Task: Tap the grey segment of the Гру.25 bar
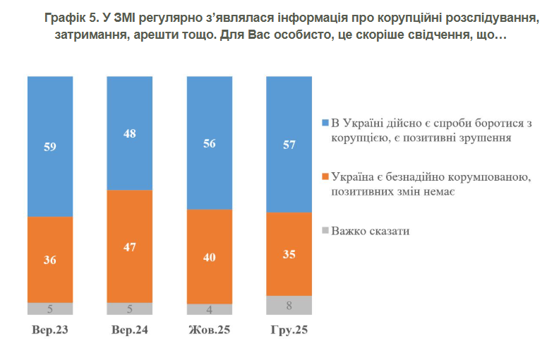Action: pyautogui.click(x=289, y=306)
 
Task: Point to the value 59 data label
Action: pyautogui.click(x=50, y=148)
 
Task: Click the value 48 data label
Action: pyautogui.click(x=129, y=133)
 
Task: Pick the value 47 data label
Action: pyautogui.click(x=129, y=246)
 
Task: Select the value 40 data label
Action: pyautogui.click(x=209, y=257)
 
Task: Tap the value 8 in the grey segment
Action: pyautogui.click(x=289, y=306)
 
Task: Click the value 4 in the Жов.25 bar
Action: pyautogui.click(x=209, y=309)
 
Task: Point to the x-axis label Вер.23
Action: pyautogui.click(x=50, y=330)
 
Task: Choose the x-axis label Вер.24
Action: pyautogui.click(x=129, y=330)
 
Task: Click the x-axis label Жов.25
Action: pyautogui.click(x=209, y=330)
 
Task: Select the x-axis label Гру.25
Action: pyautogui.click(x=289, y=330)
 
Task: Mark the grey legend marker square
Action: pyautogui.click(x=325, y=230)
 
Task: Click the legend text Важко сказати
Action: pyautogui.click(x=371, y=231)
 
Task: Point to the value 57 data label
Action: pyautogui.click(x=289, y=144)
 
